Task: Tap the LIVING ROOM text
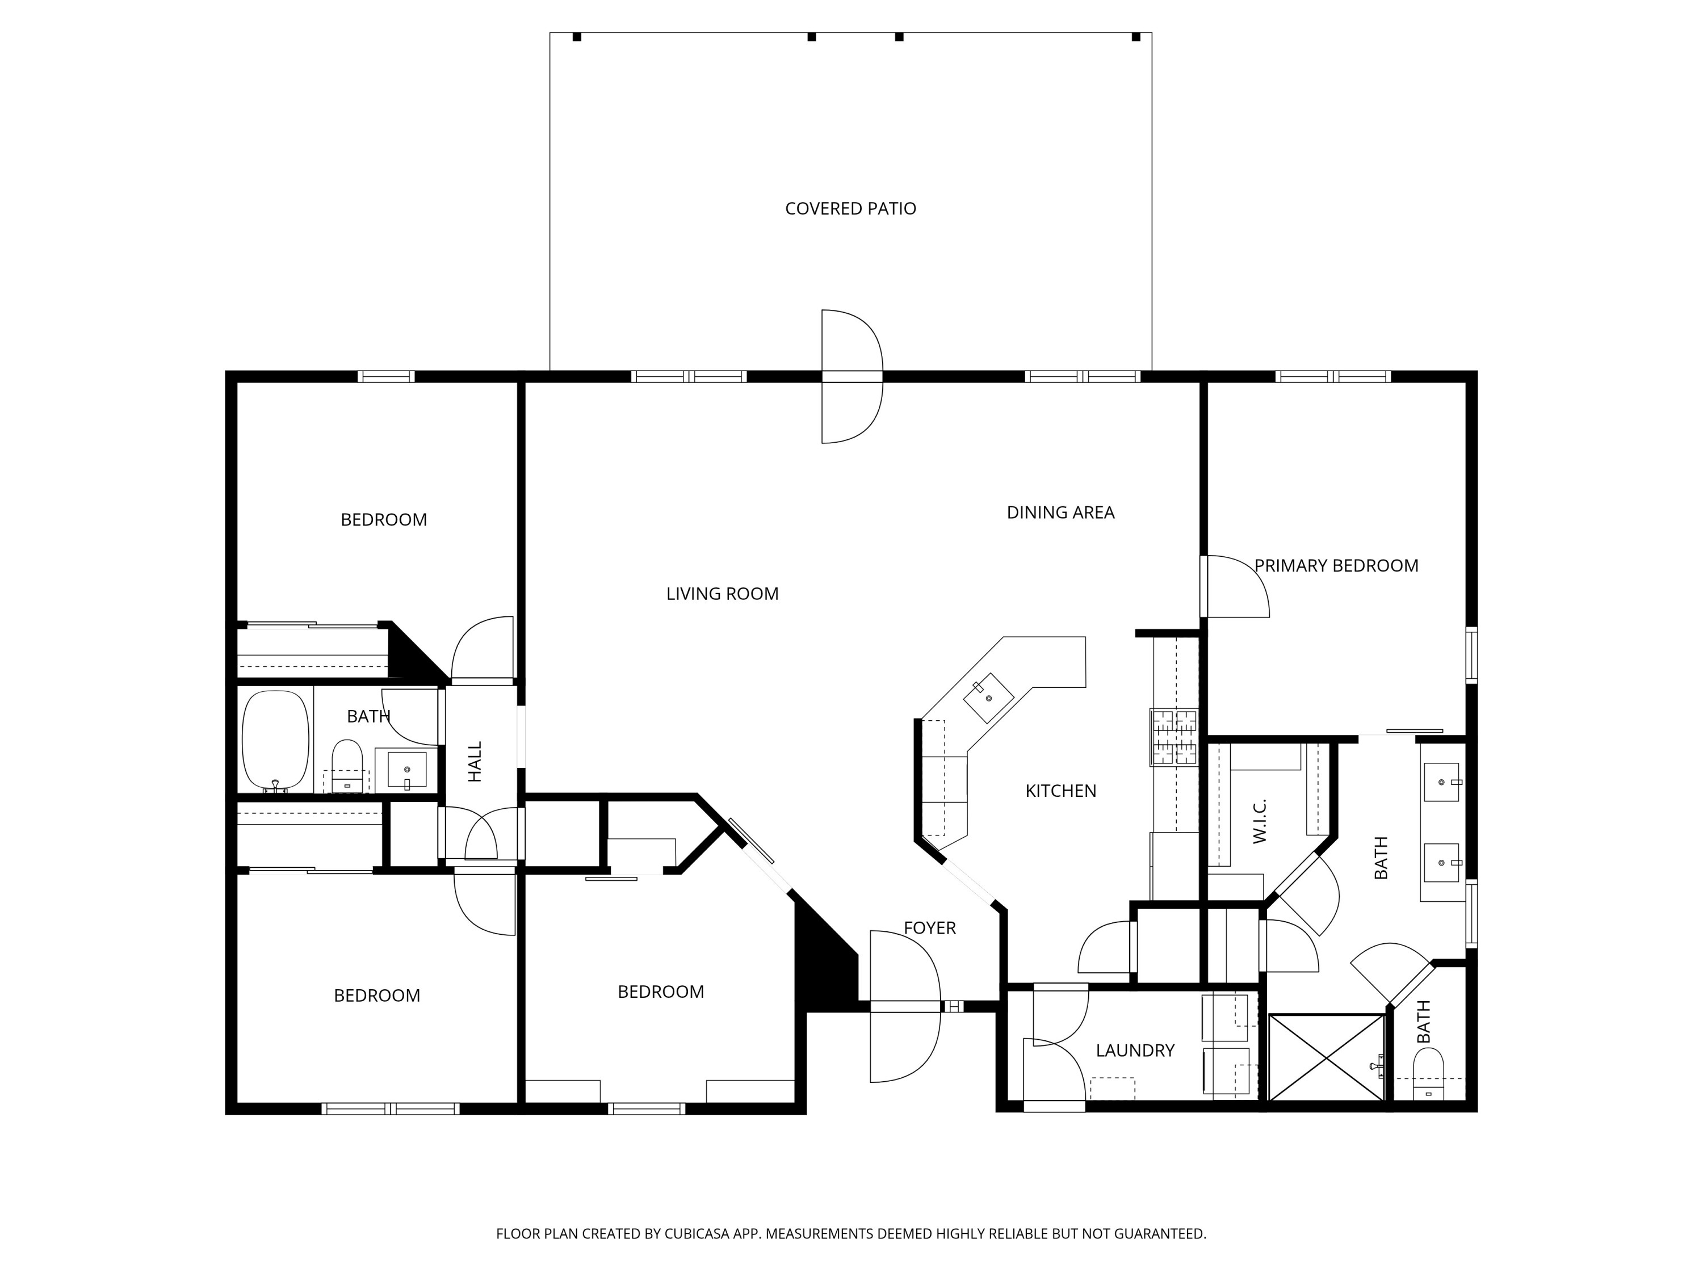pos(722,594)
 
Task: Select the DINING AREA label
pos(1060,513)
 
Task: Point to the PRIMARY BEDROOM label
pos(1336,566)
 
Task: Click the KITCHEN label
pos(1060,791)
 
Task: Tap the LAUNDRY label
pos(1135,1050)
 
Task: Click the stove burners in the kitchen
pos(1174,737)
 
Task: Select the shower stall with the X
pos(1327,1057)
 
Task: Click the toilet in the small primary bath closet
pos(1428,1072)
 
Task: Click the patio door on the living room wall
pos(851,376)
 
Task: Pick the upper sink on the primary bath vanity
pos(1441,782)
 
